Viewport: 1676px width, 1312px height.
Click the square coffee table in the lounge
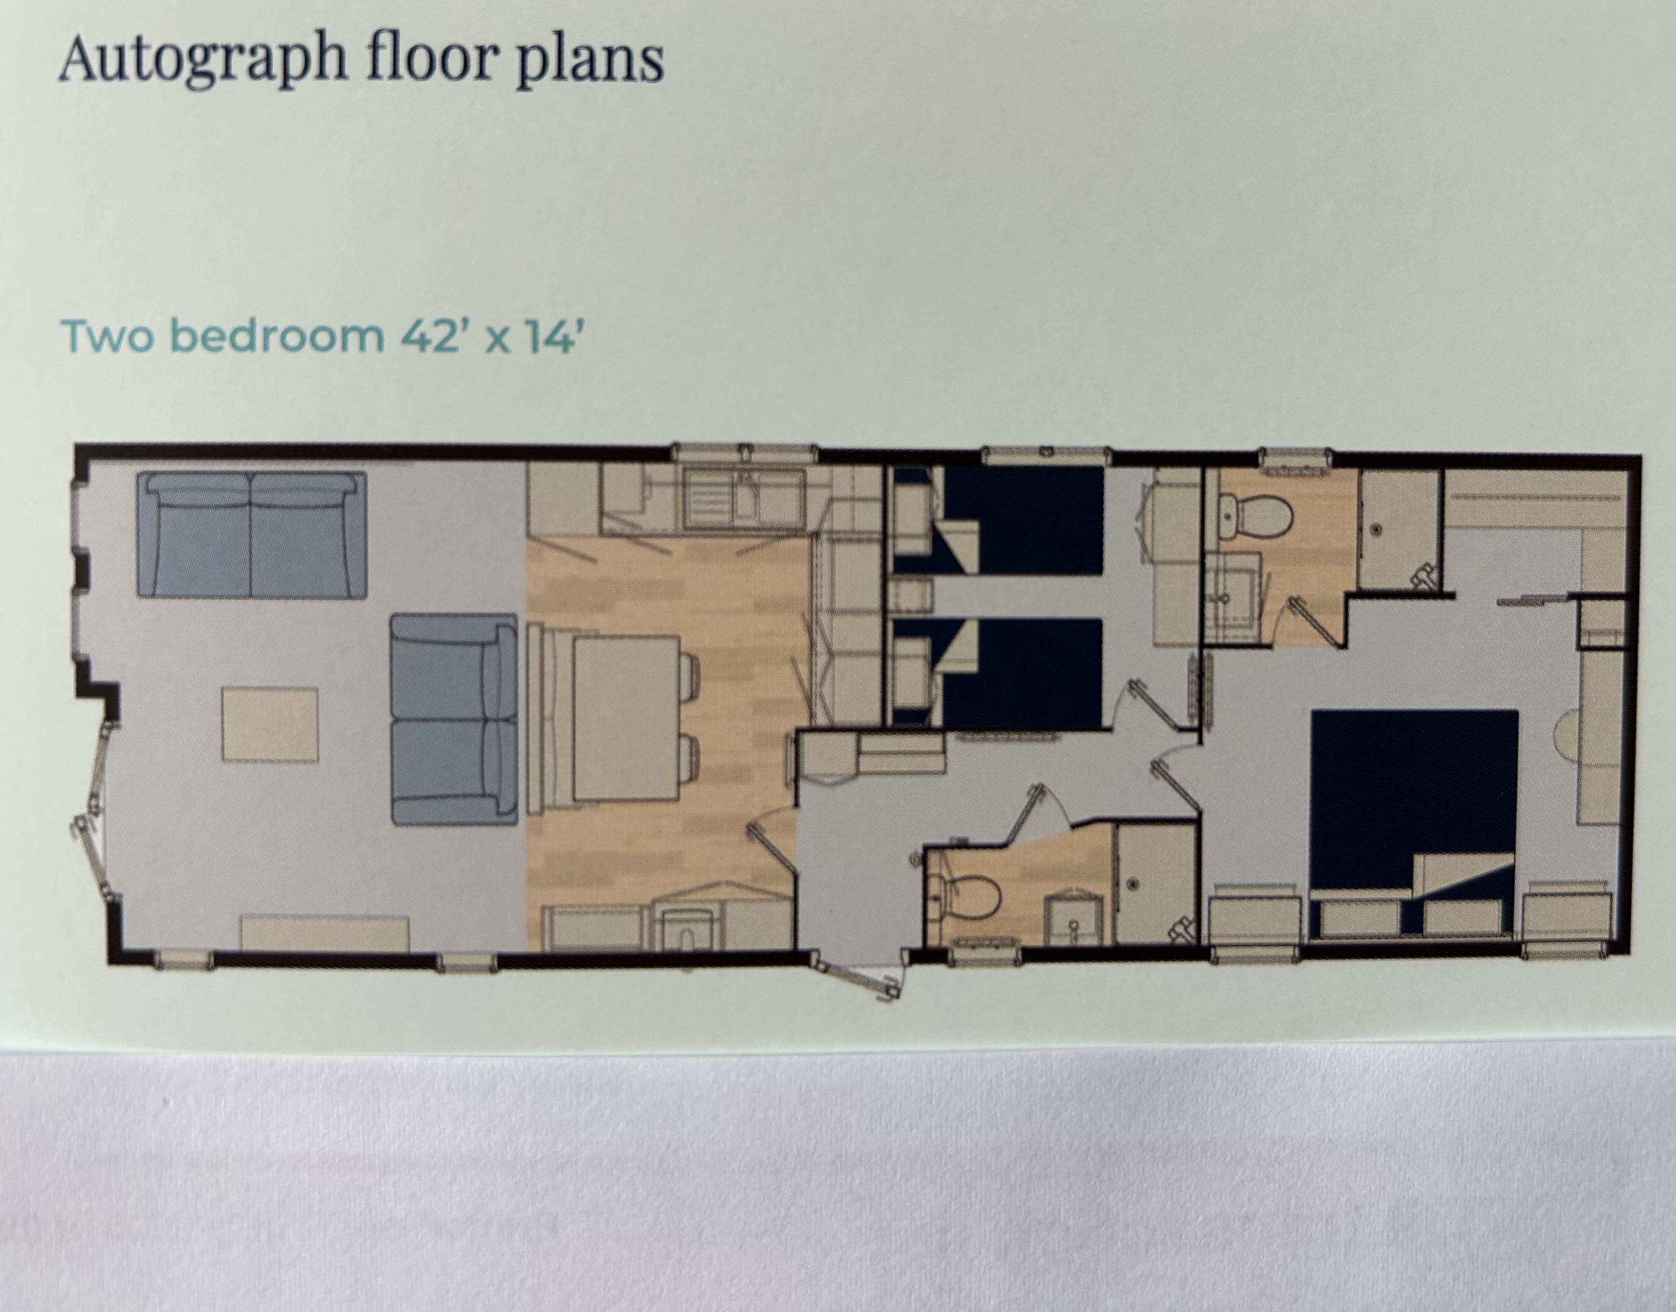pos(271,724)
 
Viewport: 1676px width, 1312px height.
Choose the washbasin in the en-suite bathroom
pos(1233,591)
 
